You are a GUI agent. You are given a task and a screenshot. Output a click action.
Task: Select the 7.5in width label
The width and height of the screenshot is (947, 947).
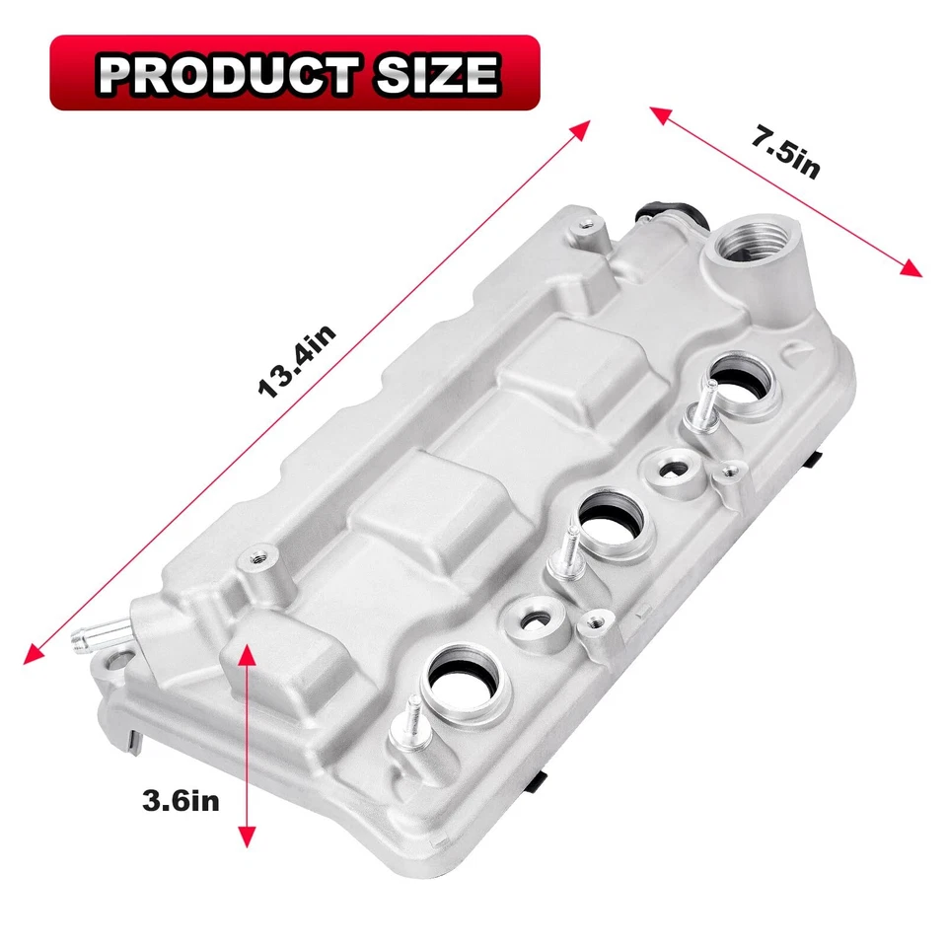[x=784, y=152]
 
